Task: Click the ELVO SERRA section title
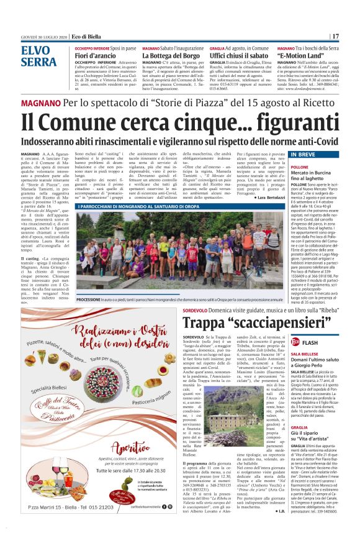[x=38, y=56]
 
